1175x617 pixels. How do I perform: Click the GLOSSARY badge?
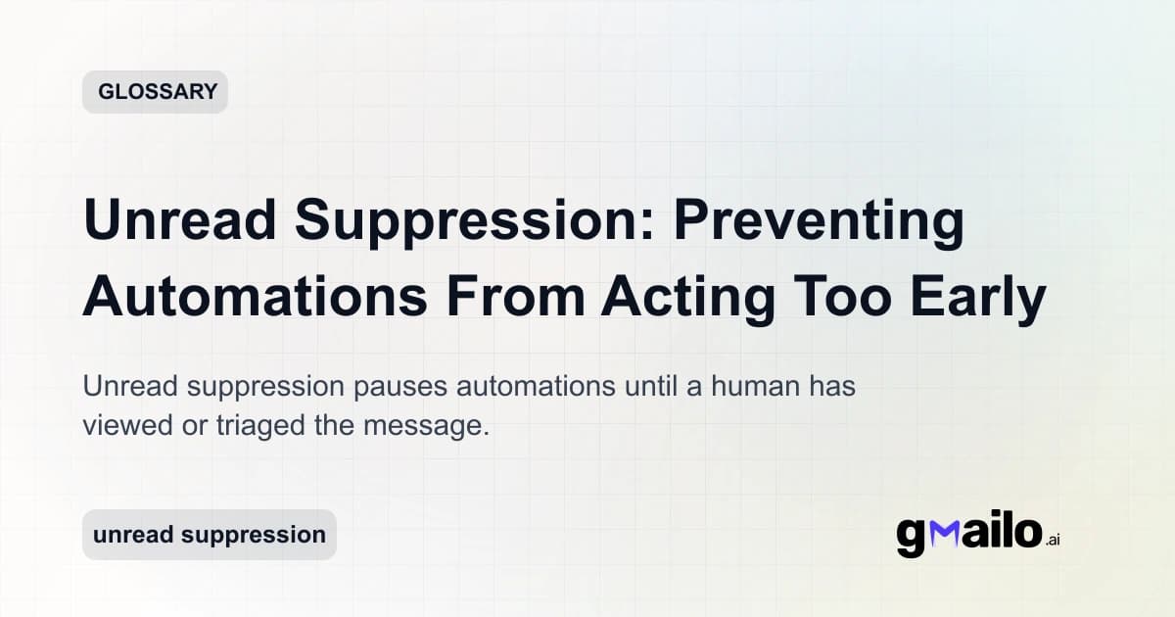155,92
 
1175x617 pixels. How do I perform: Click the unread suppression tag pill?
209,535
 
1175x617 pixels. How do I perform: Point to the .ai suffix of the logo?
1053,540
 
